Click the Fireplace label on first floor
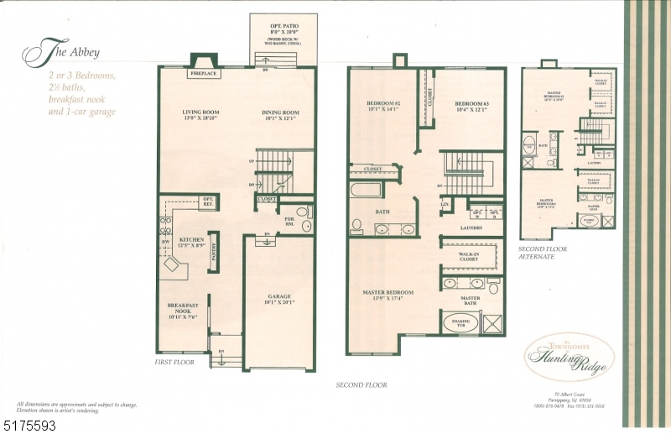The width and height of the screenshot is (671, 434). click(201, 74)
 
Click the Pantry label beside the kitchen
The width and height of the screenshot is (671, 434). click(215, 252)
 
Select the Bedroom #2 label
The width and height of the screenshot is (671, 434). click(382, 107)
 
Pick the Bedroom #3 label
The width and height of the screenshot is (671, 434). click(471, 107)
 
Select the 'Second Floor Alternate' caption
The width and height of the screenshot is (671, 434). click(543, 253)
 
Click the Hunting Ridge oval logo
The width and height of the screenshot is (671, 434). click(569, 354)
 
